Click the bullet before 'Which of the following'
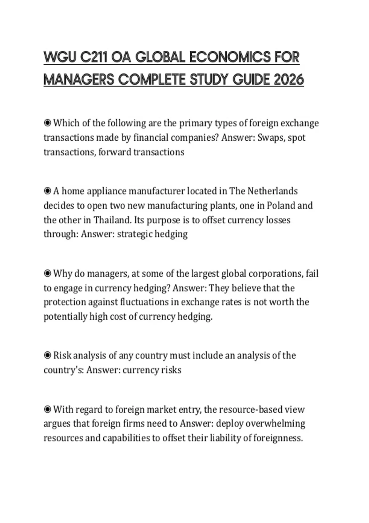[x=47, y=123]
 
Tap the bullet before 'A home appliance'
[x=47, y=191]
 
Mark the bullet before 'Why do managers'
[x=47, y=273]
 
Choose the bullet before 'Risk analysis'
[x=47, y=355]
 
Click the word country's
[x=64, y=369]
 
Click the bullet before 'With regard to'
[x=47, y=409]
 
